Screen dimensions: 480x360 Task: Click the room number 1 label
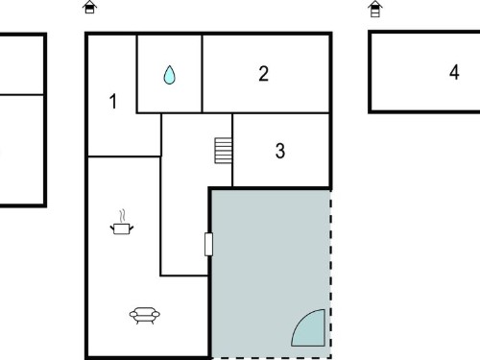[x=113, y=102]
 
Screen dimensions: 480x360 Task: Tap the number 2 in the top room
[x=263, y=74]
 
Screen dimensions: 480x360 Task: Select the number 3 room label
[x=280, y=151]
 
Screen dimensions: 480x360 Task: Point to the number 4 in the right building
[x=454, y=72]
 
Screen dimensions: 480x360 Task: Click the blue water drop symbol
[x=169, y=75]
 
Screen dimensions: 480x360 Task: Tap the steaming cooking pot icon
[x=122, y=223]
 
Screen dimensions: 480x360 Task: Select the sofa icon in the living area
[x=145, y=315]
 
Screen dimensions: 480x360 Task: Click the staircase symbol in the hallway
[x=223, y=151]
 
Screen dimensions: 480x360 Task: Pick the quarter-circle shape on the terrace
[x=308, y=327]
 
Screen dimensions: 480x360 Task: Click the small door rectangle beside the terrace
[x=208, y=245]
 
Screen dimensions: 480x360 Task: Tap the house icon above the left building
[x=89, y=7]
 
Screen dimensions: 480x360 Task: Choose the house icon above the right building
[x=375, y=9]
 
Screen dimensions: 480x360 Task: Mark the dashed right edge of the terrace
[x=330, y=274]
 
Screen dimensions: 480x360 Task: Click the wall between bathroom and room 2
[x=202, y=74]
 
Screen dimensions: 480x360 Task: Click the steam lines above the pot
[x=122, y=216]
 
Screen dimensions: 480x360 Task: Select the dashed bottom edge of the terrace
[x=272, y=358]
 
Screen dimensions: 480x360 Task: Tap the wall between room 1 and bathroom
[x=137, y=74]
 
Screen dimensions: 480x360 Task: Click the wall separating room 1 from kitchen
[x=124, y=156]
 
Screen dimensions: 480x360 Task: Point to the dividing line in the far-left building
[x=21, y=94]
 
